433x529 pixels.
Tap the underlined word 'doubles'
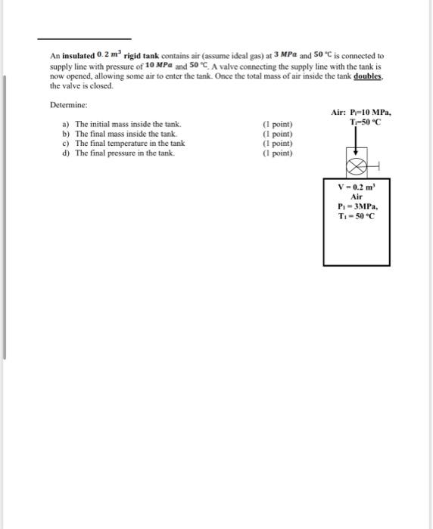tap(367, 77)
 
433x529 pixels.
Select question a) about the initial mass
tap(121, 124)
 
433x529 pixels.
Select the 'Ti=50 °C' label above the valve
tap(366, 123)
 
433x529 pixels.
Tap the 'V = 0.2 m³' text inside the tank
tap(357, 185)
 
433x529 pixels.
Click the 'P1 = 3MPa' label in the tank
tap(357, 206)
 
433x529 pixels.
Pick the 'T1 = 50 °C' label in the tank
tap(357, 216)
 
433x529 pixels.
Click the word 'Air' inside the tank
tap(357, 196)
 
